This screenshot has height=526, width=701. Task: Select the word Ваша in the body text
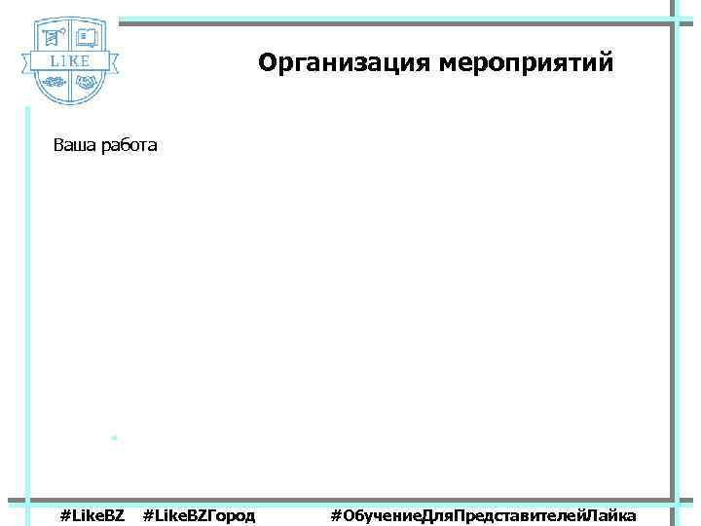[x=73, y=146]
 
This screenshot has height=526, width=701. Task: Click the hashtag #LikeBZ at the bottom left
[x=92, y=514]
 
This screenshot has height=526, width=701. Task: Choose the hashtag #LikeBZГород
[x=199, y=514]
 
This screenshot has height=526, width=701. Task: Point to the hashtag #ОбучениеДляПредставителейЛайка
[x=484, y=514]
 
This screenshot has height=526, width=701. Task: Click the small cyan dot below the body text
[x=114, y=438]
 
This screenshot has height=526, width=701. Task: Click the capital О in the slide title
[x=267, y=63]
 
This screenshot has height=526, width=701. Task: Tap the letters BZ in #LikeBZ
[x=113, y=514]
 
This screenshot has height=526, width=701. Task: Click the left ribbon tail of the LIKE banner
[x=26, y=63]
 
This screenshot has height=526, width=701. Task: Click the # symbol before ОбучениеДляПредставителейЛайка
[x=336, y=514]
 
